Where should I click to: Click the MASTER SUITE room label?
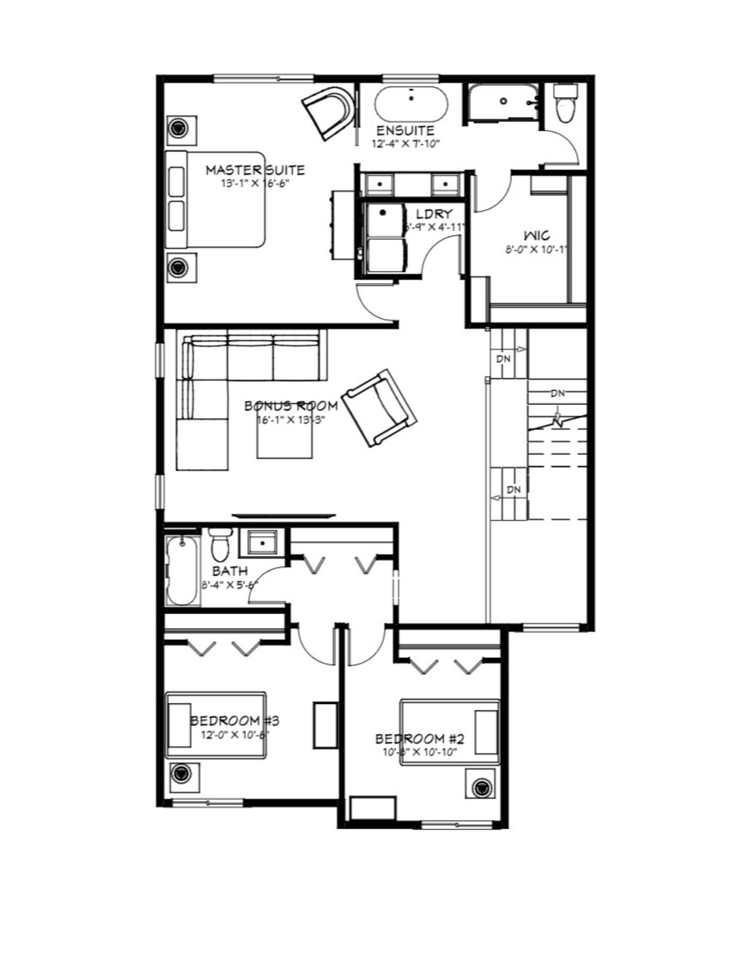click(255, 170)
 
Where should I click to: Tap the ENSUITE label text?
click(405, 131)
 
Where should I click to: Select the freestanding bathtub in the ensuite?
click(411, 104)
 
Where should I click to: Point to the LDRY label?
click(434, 214)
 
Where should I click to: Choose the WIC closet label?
click(537, 236)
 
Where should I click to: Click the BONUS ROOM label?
click(291, 406)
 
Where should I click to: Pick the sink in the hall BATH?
click(262, 542)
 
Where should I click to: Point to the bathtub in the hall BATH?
click(183, 570)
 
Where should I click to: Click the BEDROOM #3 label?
click(235, 720)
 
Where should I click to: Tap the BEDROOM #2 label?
click(419, 739)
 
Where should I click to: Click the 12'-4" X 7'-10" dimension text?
click(405, 144)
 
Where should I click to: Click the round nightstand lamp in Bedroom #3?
click(181, 771)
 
